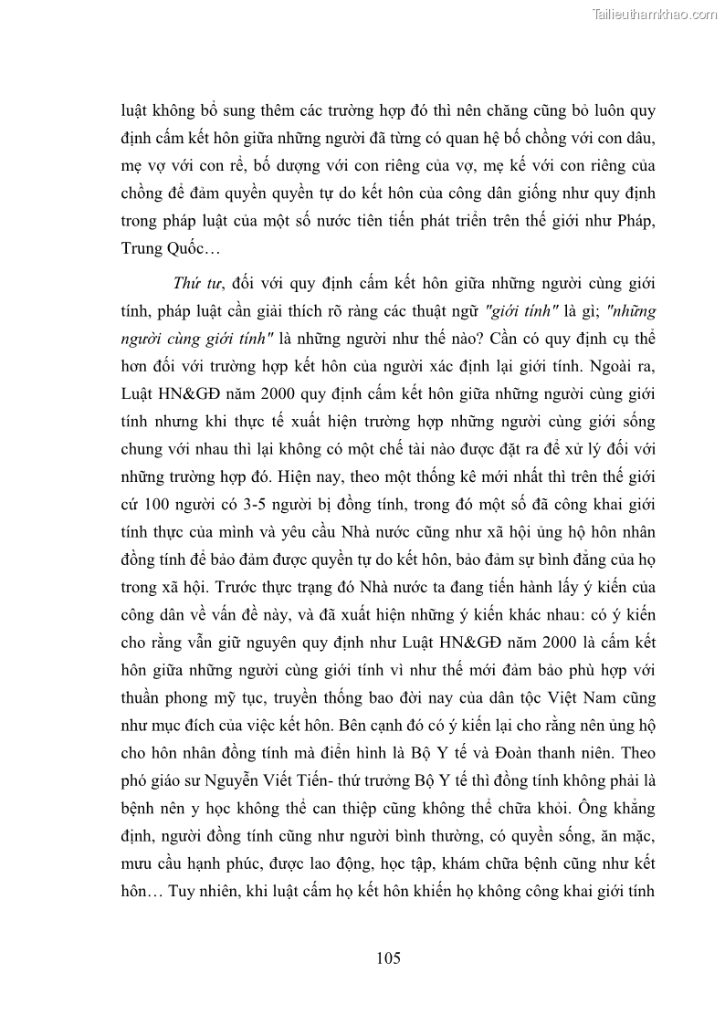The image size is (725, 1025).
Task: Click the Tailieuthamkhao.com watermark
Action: click(656, 13)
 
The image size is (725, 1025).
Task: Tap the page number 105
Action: click(388, 957)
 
